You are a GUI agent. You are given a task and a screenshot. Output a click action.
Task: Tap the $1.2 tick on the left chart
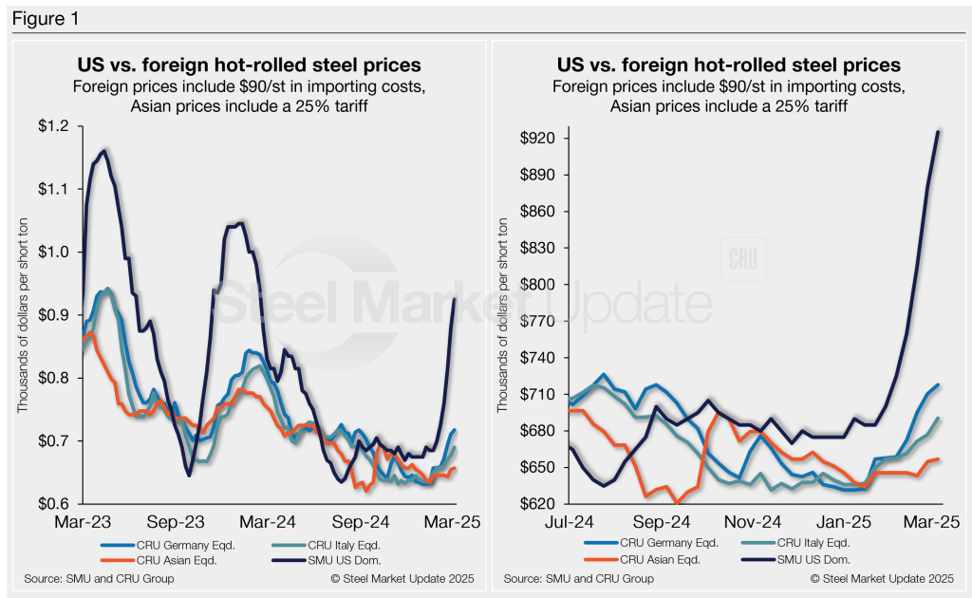[x=52, y=126]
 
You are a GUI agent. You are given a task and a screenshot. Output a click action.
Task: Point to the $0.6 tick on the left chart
[x=52, y=504]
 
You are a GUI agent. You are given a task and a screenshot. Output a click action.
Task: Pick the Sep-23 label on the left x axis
[x=178, y=522]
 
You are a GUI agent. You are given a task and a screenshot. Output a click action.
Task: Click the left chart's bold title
[x=249, y=65]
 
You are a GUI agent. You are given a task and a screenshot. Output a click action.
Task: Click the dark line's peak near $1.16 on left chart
[x=103, y=150]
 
